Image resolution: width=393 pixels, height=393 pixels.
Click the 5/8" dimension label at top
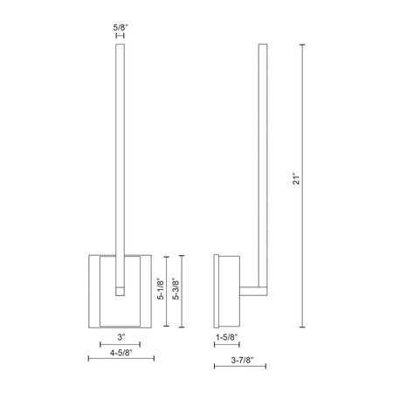tap(121, 28)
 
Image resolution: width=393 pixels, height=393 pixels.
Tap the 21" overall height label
tap(296, 179)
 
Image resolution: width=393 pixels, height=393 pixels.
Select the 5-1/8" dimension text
tap(161, 289)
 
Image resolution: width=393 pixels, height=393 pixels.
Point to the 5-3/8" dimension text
tap(176, 289)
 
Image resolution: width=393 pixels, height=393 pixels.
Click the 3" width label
tap(121, 337)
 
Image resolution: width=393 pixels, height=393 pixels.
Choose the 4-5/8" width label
tap(121, 353)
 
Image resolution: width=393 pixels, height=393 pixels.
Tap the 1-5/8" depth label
tap(227, 337)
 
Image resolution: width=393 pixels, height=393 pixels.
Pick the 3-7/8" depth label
tap(242, 360)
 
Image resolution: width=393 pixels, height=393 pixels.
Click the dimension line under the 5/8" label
tap(120, 36)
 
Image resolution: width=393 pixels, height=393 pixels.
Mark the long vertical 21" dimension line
tap(302, 186)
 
